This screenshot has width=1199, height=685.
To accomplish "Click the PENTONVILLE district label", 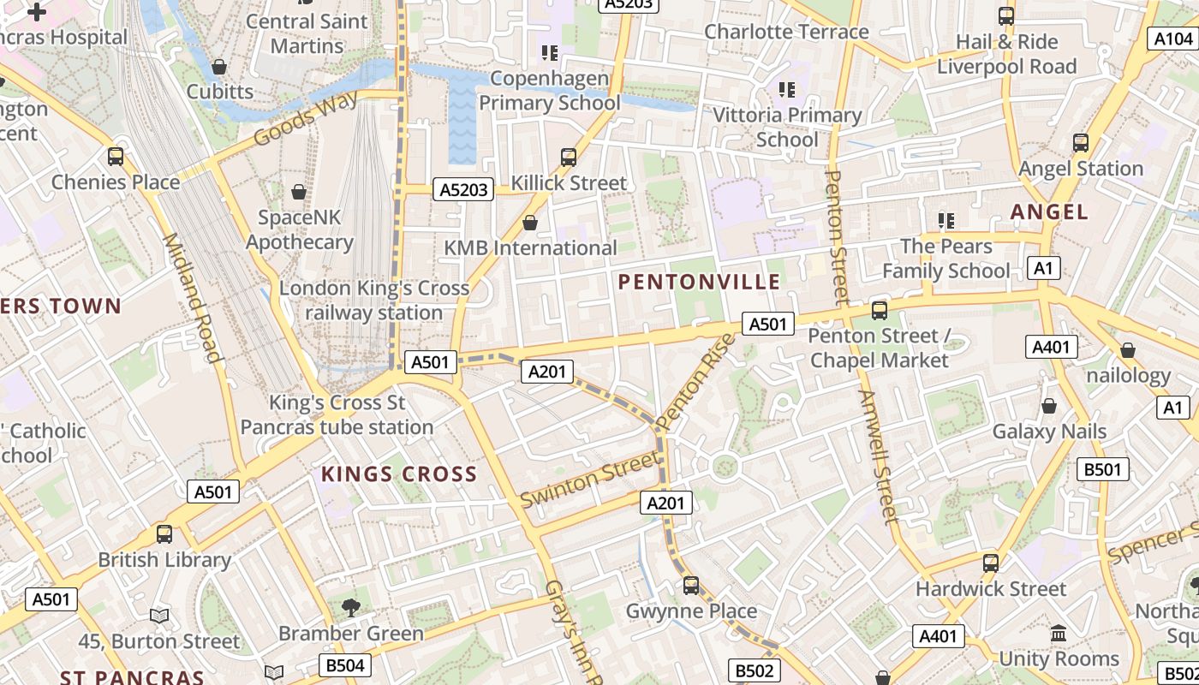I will (699, 282).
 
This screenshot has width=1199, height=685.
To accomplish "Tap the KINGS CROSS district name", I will (398, 474).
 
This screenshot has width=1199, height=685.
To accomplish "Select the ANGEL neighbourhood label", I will (1048, 211).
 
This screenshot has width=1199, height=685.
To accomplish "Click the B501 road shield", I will (1103, 469).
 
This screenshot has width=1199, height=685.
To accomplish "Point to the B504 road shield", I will (346, 665).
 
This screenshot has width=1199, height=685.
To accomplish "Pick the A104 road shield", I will (1172, 39).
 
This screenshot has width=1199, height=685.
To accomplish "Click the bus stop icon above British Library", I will (164, 534).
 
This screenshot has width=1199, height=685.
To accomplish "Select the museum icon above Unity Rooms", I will (1059, 634).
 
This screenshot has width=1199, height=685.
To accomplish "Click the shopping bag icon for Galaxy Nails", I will (1048, 406).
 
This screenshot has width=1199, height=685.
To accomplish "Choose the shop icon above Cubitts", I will (219, 67).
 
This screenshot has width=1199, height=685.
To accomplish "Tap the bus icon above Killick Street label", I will (569, 158).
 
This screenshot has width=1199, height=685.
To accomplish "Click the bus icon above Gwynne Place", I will (691, 586).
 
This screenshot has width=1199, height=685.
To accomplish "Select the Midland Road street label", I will (193, 297).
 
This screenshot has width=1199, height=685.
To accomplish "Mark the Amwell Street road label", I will (879, 456).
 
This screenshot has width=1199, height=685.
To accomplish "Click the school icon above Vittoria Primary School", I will (787, 89).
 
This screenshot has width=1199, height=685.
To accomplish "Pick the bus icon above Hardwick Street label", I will (991, 563).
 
